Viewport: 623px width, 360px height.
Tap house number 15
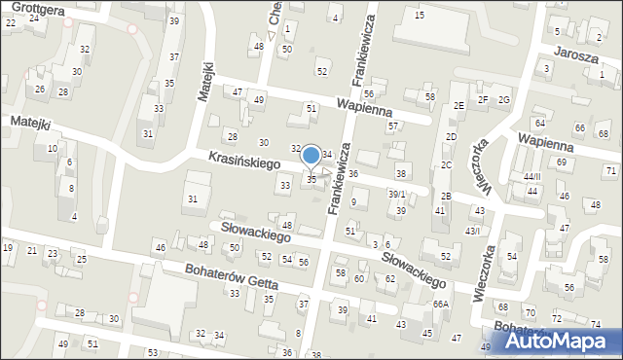point(419,16)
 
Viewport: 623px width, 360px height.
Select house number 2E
point(458,105)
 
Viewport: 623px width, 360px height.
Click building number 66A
point(441,304)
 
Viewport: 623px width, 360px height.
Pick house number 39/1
point(397,195)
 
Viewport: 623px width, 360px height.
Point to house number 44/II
point(531,176)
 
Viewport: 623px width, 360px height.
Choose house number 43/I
point(472,230)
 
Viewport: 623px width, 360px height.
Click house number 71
point(610,171)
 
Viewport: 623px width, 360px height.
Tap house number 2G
point(504,100)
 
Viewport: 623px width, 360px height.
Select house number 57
point(392,126)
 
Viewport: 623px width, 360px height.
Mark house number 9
point(353,202)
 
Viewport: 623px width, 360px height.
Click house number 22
point(10,21)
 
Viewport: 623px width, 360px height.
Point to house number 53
point(153,352)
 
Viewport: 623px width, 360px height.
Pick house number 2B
point(445,196)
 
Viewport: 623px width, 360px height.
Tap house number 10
point(52,148)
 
